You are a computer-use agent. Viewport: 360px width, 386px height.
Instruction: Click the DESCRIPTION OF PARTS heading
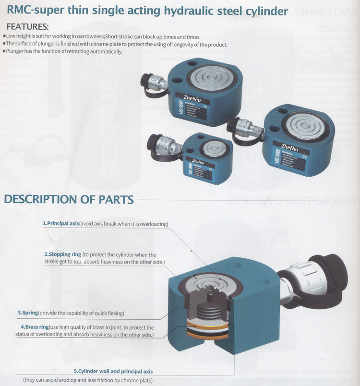[69, 199]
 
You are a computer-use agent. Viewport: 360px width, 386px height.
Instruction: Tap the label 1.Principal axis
[61, 224]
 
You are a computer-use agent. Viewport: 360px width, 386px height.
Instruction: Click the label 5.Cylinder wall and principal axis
[113, 371]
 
